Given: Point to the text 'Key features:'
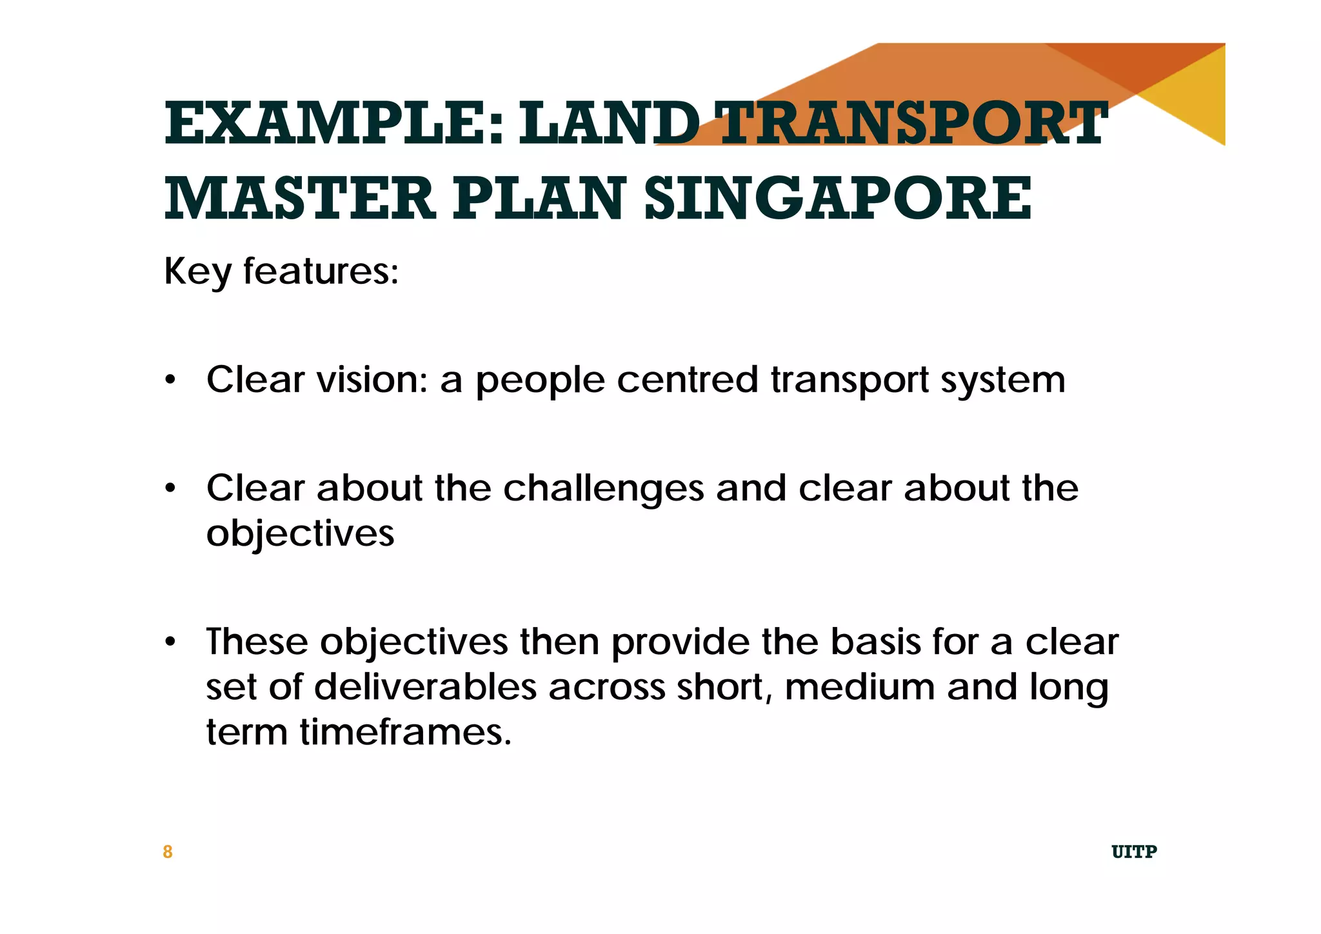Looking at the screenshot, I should (x=281, y=271).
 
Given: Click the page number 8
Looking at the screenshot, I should (x=168, y=852).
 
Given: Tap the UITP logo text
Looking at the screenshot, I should (x=1134, y=852).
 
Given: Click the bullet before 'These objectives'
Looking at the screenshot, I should (x=170, y=642).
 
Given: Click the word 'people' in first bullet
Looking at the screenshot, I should (x=540, y=381).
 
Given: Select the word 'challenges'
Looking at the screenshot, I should (x=603, y=488).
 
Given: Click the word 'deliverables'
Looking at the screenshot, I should (x=426, y=687).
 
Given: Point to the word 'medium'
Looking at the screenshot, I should (x=859, y=687).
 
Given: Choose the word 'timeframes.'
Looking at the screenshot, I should (x=405, y=732).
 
